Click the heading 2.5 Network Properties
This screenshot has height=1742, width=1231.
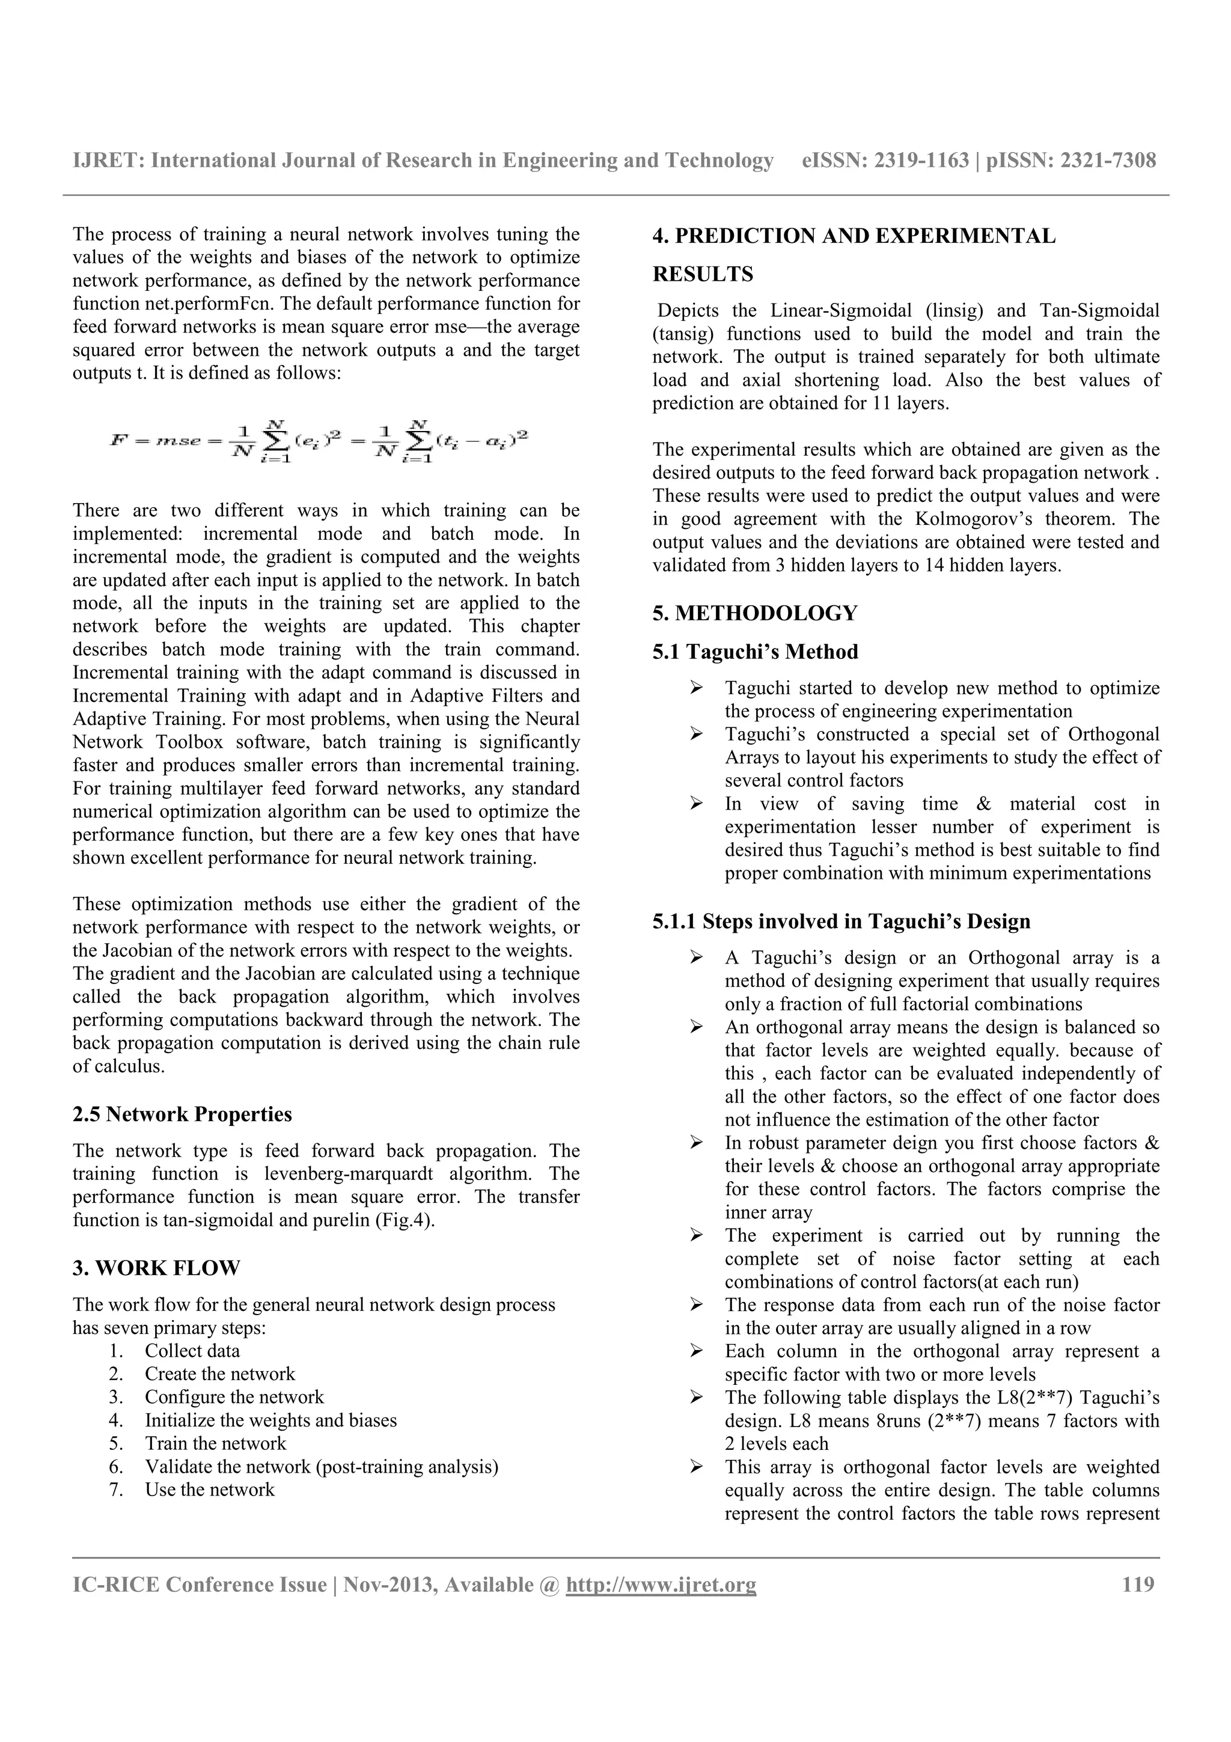(x=182, y=1114)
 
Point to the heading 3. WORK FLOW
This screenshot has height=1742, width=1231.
(x=156, y=1268)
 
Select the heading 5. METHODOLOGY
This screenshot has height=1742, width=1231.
(x=755, y=613)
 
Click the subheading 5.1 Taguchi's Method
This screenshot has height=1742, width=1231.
(x=755, y=652)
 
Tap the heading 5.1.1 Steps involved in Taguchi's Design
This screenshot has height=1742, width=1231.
(x=841, y=922)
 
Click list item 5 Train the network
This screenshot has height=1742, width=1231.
(x=215, y=1443)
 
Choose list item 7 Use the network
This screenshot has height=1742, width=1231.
(x=209, y=1490)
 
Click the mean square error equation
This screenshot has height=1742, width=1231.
(x=319, y=442)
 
